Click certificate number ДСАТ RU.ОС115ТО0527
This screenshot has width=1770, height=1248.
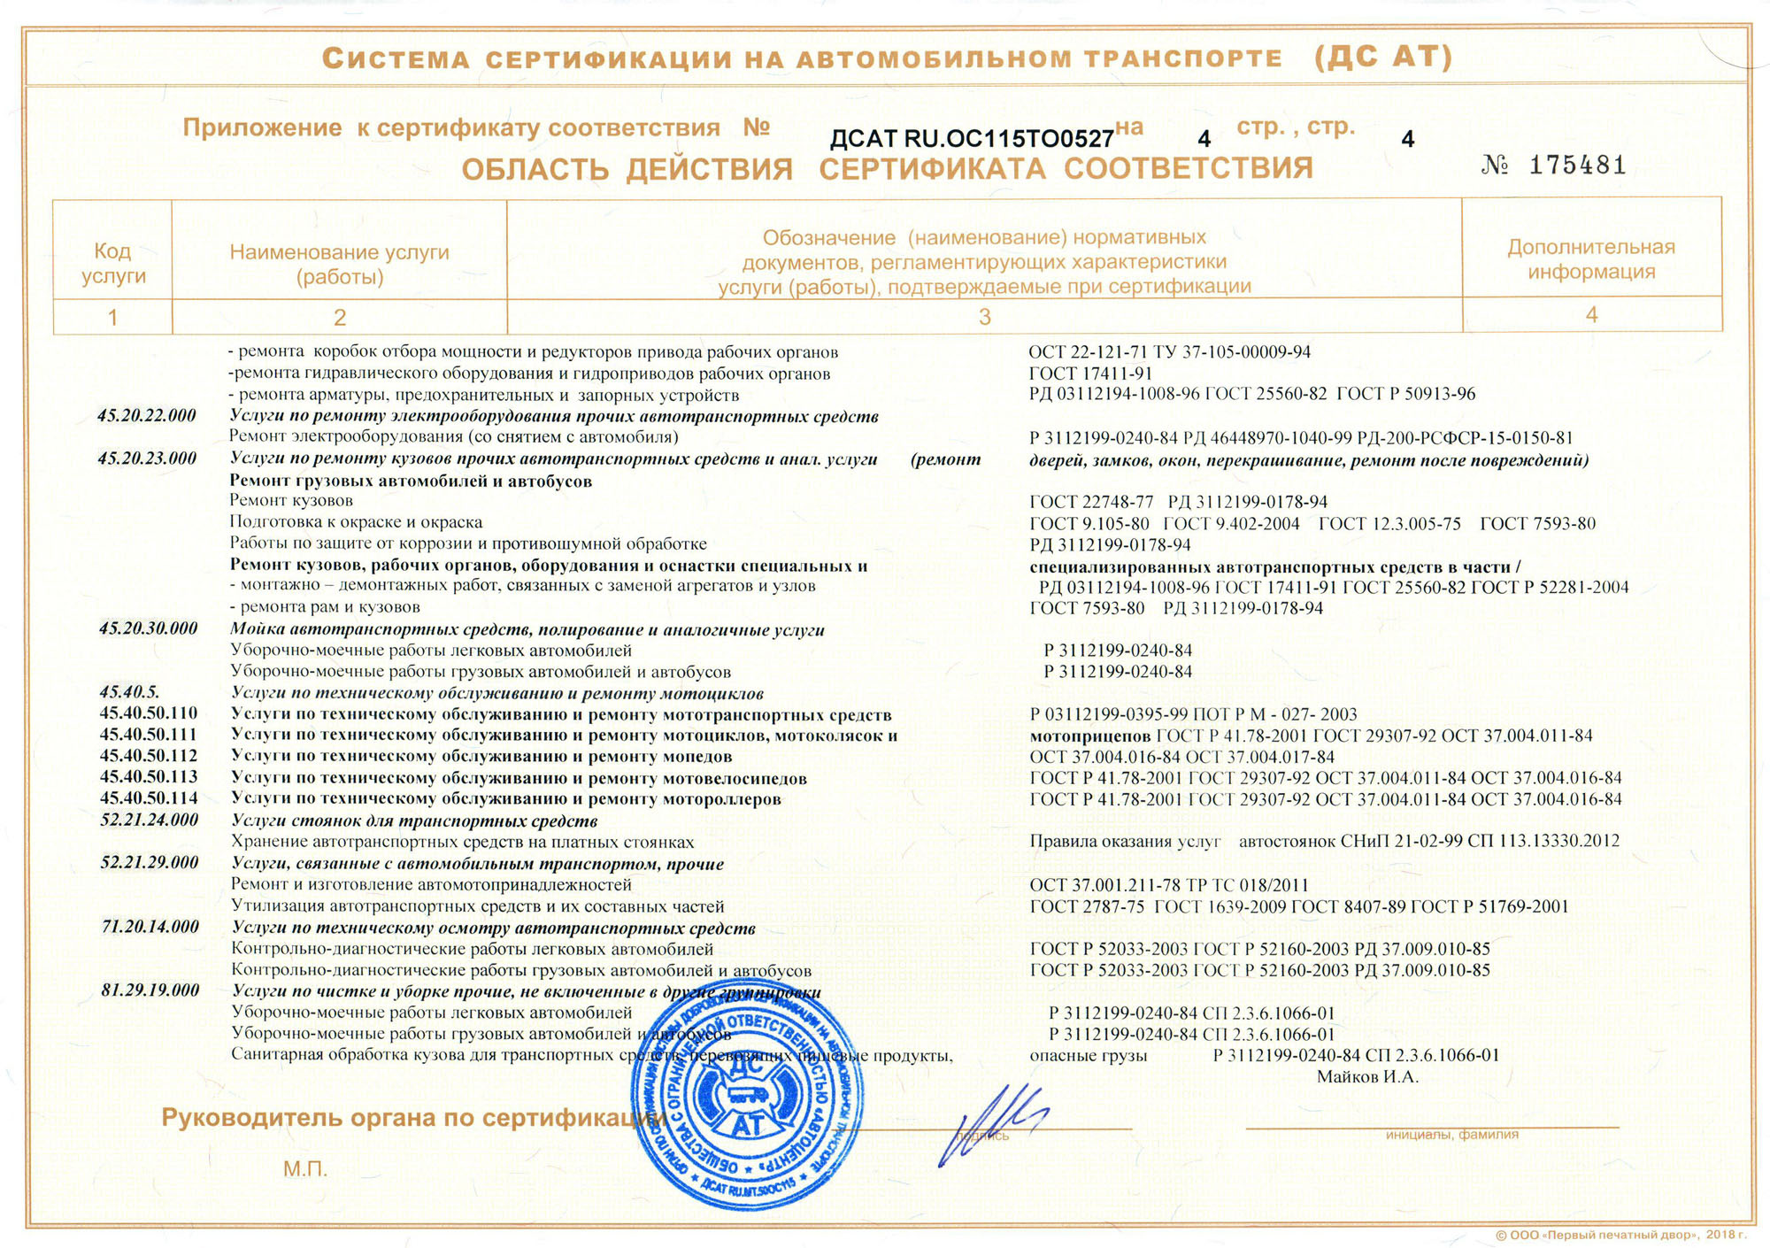pyautogui.click(x=971, y=139)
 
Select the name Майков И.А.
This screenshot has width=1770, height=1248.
pyautogui.click(x=1367, y=1077)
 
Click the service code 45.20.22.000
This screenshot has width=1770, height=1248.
pyautogui.click(x=147, y=416)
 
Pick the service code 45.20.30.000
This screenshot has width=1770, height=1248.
pyautogui.click(x=148, y=629)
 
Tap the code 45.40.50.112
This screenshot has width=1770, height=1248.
pyautogui.click(x=149, y=756)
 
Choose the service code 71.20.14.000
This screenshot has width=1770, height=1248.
pyautogui.click(x=150, y=927)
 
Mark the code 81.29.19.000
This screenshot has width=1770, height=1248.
pyautogui.click(x=150, y=990)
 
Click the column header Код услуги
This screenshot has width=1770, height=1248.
pyautogui.click(x=112, y=264)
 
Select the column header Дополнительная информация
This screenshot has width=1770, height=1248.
pyautogui.click(x=1591, y=259)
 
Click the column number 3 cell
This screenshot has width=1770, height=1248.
pyautogui.click(x=984, y=317)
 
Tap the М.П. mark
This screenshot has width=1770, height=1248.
pyautogui.click(x=305, y=1169)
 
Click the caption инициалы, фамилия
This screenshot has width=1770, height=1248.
pyautogui.click(x=1451, y=1135)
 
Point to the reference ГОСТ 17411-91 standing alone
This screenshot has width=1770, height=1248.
pyautogui.click(x=1090, y=374)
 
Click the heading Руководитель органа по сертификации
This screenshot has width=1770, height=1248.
pyautogui.click(x=412, y=1118)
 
